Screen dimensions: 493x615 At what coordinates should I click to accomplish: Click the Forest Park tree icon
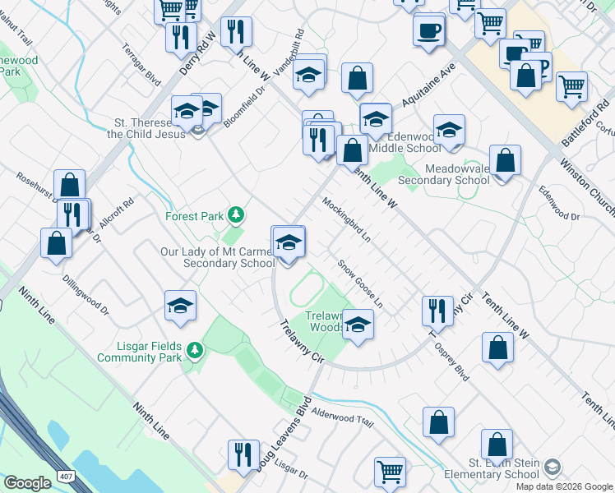click(237, 215)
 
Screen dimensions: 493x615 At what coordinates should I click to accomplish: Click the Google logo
click(27, 483)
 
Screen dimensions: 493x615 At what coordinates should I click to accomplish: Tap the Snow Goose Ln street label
click(361, 284)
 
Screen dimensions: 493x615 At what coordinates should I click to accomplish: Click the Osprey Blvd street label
click(452, 362)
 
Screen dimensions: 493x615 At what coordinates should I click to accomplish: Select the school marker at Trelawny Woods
click(358, 323)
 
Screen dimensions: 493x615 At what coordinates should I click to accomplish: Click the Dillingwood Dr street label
click(86, 294)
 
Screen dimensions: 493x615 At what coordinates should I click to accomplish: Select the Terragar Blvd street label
click(141, 66)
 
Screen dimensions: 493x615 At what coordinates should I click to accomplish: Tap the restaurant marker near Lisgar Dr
click(243, 454)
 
